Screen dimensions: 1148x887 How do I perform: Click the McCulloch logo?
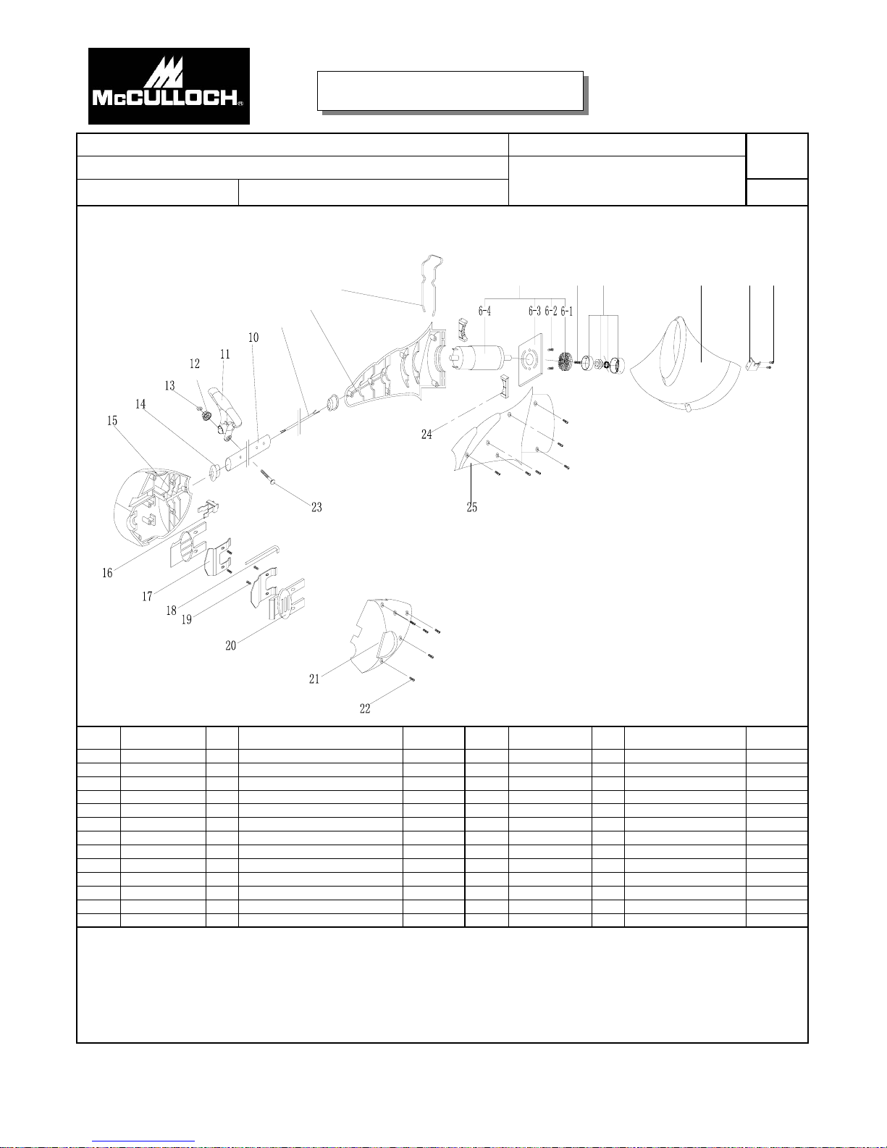point(169,86)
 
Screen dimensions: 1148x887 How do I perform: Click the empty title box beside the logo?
point(450,91)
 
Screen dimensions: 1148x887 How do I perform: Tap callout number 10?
point(253,338)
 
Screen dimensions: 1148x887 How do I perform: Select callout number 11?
point(225,354)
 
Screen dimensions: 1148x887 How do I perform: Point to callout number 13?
point(169,386)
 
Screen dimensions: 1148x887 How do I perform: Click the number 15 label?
point(112,421)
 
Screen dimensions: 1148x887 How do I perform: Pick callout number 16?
point(107,573)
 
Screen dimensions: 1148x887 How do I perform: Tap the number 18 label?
point(171,611)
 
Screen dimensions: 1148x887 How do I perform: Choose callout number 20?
point(230,645)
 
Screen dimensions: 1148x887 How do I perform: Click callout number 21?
point(314,679)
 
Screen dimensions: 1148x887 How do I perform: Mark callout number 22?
point(365,709)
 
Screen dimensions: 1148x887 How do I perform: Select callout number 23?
point(316,508)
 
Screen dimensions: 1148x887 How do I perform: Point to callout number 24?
point(426,435)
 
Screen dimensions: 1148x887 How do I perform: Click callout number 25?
point(471,508)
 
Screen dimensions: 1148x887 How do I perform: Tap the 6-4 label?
point(484,311)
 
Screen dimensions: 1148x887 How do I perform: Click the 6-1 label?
point(566,311)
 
